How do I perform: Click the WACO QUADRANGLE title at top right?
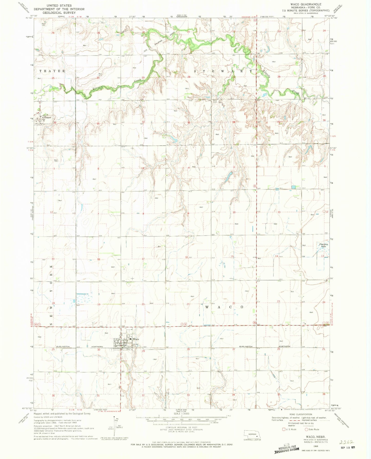306,4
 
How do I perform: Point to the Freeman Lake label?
324,245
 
